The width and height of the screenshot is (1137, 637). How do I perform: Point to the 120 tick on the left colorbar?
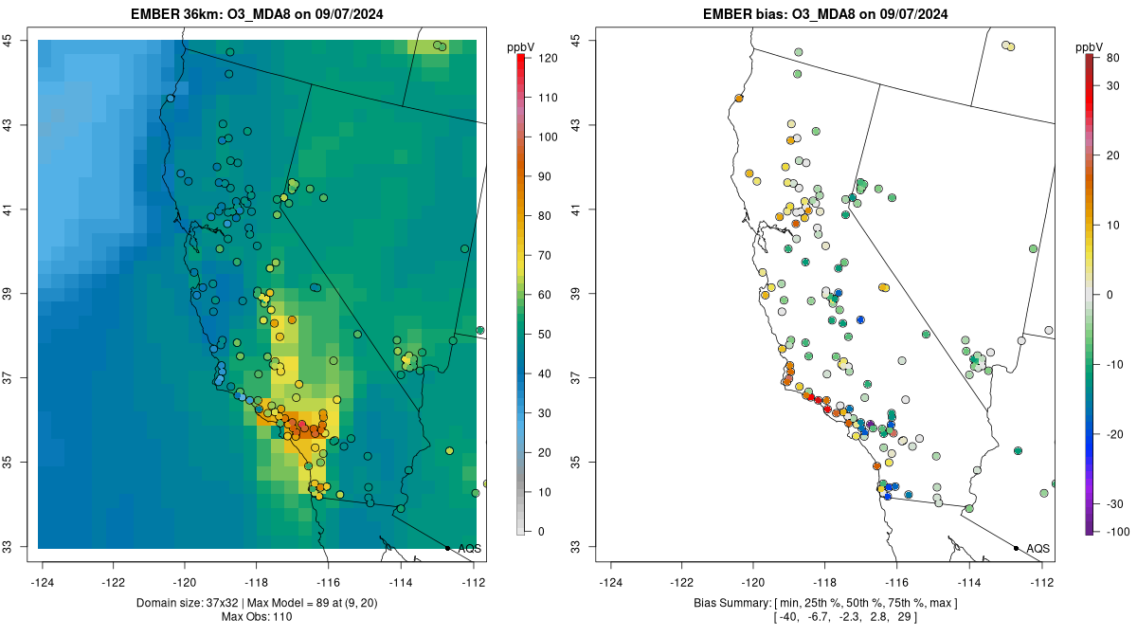pos(547,58)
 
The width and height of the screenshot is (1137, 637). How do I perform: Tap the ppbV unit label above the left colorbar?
pos(521,46)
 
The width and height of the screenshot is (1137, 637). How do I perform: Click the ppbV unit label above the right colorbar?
pos(1091,46)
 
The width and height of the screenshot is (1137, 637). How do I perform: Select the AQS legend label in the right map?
pos(1038,548)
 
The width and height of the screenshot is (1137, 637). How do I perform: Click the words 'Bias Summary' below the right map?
pos(723,603)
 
